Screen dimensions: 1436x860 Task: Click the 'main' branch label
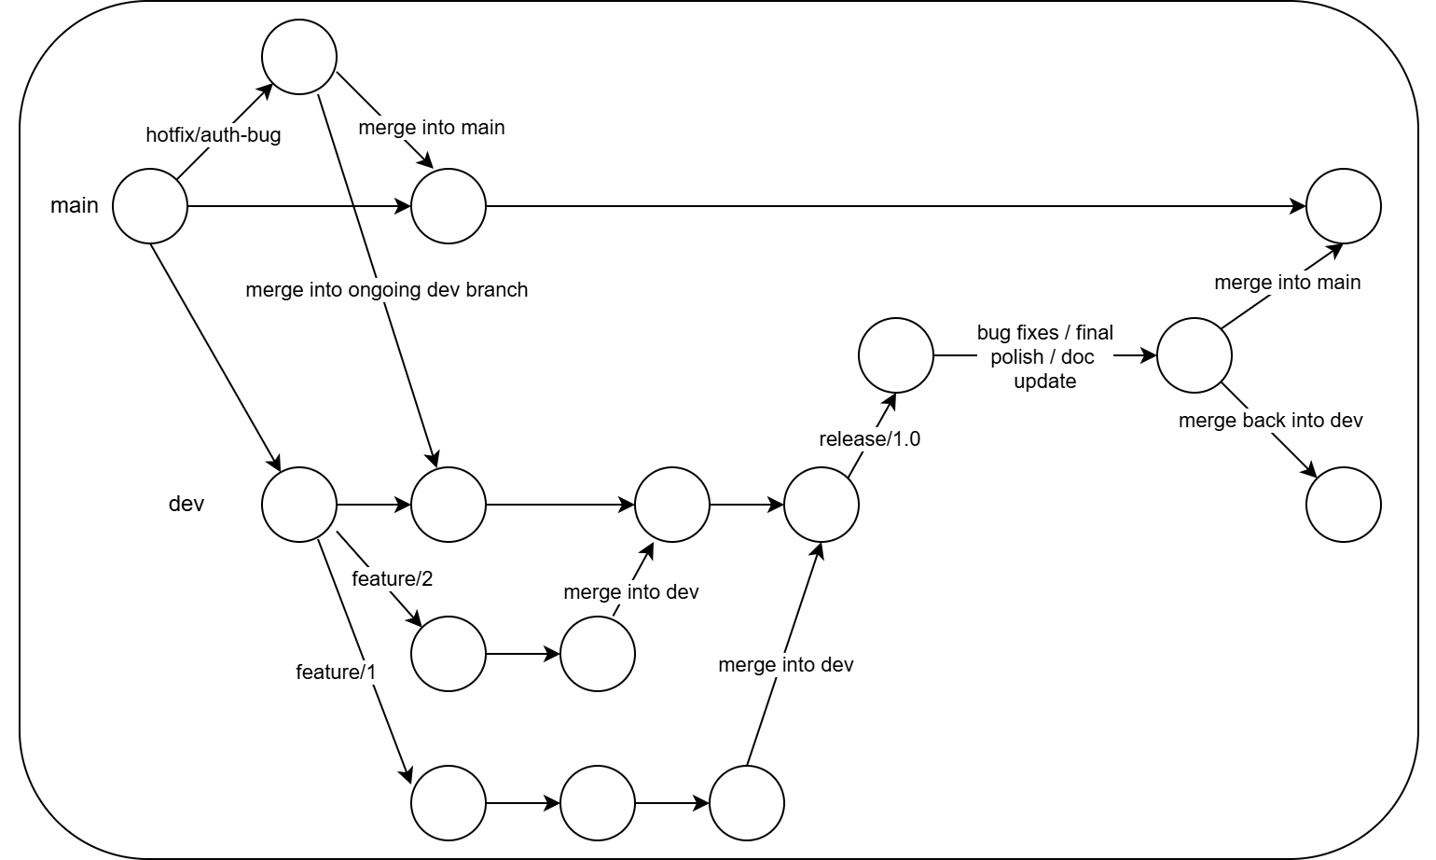click(x=74, y=205)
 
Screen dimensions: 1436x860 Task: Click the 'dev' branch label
click(x=186, y=504)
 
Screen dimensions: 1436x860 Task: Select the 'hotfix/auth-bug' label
click(x=213, y=134)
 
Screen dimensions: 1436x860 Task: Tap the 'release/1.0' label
click(x=869, y=438)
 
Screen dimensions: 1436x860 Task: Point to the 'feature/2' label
click(x=392, y=578)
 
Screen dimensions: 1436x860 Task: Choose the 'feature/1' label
click(x=336, y=672)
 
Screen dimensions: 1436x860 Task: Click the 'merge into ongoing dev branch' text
click(x=386, y=289)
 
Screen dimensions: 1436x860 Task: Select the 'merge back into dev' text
click(x=1270, y=420)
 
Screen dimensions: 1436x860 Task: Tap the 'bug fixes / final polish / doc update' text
click(x=1044, y=356)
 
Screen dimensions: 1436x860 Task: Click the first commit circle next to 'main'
click(x=150, y=206)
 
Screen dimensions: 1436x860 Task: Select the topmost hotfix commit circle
click(x=299, y=57)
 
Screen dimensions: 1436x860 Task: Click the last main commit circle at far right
click(x=1343, y=206)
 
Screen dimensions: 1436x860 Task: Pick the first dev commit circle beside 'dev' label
click(x=299, y=505)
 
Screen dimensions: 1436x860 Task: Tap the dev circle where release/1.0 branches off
click(x=821, y=505)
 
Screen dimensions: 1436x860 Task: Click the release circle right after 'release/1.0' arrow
click(x=895, y=355)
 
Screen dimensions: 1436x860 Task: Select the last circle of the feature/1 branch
click(x=747, y=803)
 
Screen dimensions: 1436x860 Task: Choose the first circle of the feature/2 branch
click(x=449, y=654)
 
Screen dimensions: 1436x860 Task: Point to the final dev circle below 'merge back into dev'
click(x=1343, y=505)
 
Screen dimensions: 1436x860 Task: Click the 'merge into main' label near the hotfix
click(x=431, y=127)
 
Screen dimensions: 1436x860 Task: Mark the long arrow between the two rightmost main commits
click(x=895, y=206)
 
